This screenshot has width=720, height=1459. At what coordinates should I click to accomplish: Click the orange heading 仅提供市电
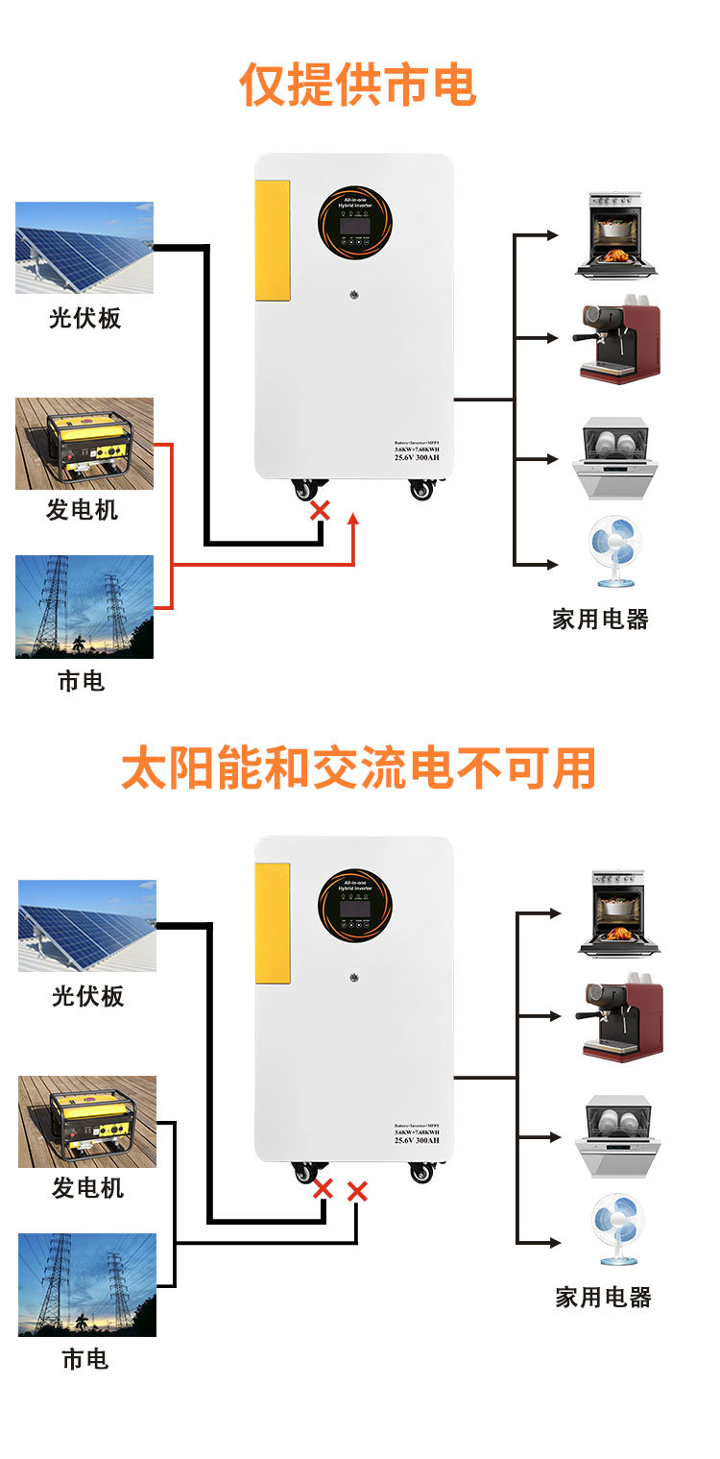pos(358,85)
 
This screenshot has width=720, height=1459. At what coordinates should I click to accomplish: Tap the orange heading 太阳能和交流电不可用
pos(359,768)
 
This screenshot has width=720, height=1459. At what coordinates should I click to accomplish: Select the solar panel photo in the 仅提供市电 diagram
pos(84,248)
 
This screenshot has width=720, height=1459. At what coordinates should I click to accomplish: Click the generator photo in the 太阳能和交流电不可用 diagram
pos(87,1121)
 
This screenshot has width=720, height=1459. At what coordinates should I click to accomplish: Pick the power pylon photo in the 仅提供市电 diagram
pos(84,607)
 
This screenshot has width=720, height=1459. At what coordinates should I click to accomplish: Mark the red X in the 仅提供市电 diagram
pos(320,511)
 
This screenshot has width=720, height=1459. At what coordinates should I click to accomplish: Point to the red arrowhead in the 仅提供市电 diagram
pos(353,520)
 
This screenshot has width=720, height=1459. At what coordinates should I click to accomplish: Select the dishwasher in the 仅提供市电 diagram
pos(614,457)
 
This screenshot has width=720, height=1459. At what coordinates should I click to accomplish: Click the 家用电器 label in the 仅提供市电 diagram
pos(601,620)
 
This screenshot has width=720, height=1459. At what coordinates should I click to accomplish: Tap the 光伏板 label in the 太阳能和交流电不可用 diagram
pos(87,996)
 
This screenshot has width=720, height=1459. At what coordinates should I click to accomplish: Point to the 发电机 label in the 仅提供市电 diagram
pos(84,510)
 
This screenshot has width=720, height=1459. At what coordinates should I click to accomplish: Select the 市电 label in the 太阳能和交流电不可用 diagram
pos(85,1359)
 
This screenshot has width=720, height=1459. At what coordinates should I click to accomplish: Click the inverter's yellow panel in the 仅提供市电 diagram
pos(272,240)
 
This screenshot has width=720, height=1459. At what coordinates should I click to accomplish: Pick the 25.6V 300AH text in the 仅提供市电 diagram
pos(416,457)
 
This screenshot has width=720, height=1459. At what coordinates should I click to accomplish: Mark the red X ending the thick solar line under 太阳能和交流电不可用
pos(323,1189)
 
